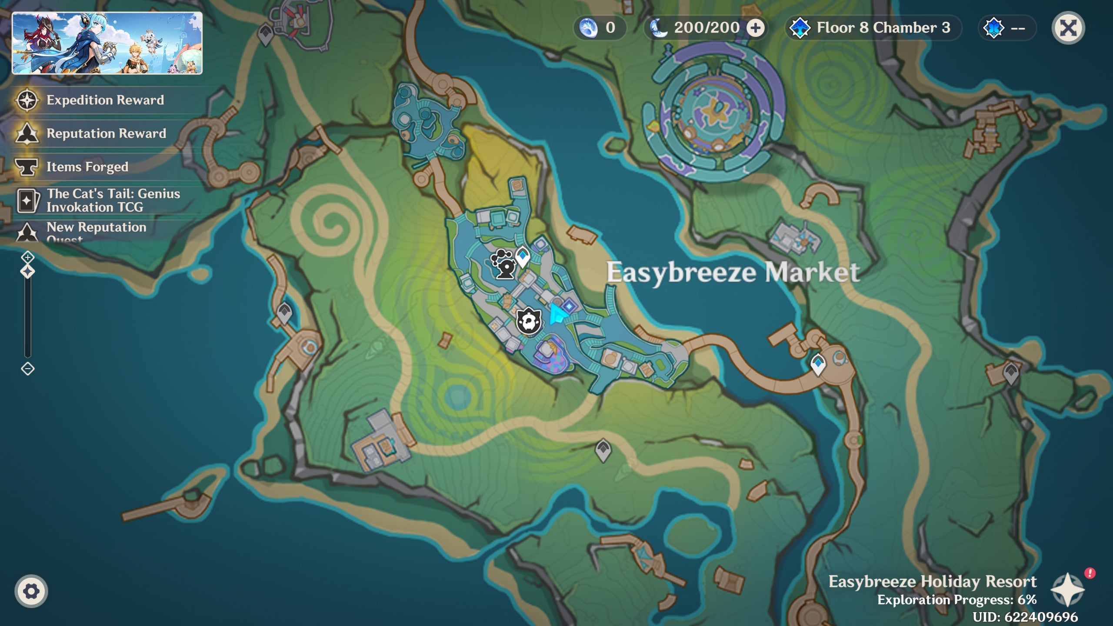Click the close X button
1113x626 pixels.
point(1068,28)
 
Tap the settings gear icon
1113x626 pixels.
point(31,591)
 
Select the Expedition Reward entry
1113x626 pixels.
point(105,100)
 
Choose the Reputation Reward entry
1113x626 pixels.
point(106,133)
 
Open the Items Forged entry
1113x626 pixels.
point(87,166)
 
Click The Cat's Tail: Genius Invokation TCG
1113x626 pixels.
point(113,200)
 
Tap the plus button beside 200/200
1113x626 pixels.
point(756,28)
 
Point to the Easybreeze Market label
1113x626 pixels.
point(733,273)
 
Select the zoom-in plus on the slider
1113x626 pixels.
point(28,257)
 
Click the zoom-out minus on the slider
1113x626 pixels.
point(28,369)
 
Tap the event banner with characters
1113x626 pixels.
point(107,43)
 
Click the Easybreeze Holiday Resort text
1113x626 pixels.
point(932,581)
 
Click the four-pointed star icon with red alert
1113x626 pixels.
point(1067,589)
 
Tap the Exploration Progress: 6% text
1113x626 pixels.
point(956,599)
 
